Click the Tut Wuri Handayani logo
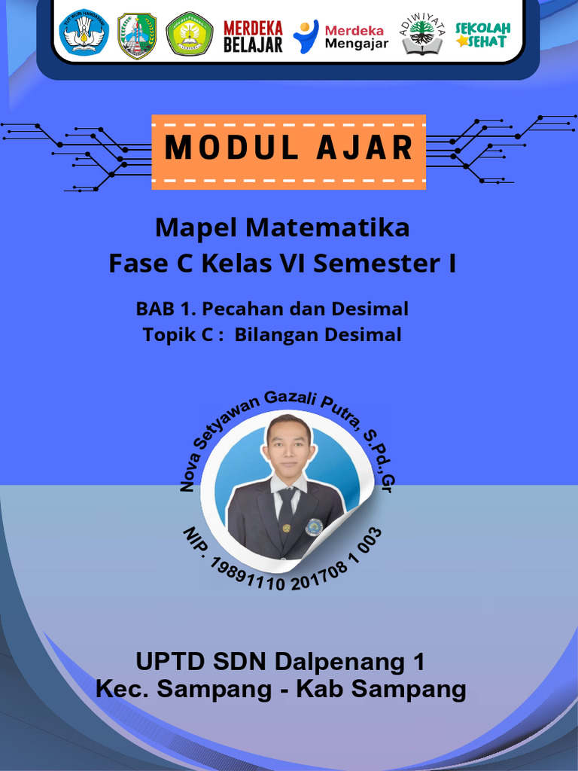pyautogui.click(x=84, y=34)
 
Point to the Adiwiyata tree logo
pyautogui.click(x=422, y=35)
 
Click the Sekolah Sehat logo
pyautogui.click(x=483, y=35)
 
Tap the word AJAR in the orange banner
pyautogui.click(x=364, y=148)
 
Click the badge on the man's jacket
pyautogui.click(x=314, y=526)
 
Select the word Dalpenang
pyautogui.click(x=339, y=663)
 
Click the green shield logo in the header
pyautogui.click(x=136, y=35)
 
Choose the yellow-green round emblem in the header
pyautogui.click(x=189, y=35)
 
